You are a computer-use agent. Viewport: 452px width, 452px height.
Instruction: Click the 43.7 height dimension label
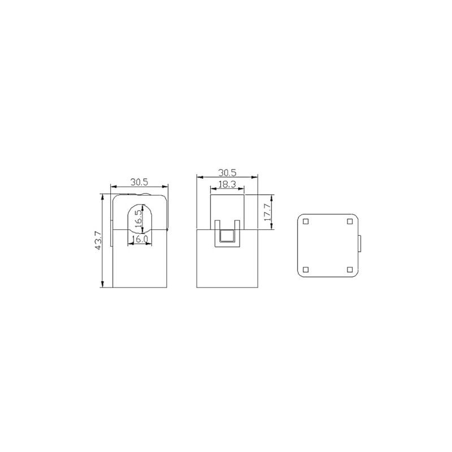pyautogui.click(x=98, y=241)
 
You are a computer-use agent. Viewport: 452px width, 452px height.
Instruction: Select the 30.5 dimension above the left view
pyautogui.click(x=139, y=182)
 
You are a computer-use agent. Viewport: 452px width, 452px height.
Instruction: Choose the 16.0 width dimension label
pyautogui.click(x=139, y=240)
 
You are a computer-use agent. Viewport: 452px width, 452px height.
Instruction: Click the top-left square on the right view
pyautogui.click(x=306, y=221)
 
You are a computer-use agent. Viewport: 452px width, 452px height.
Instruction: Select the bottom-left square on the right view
pyautogui.click(x=306, y=270)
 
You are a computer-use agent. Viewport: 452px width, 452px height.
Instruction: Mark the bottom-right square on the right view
pyautogui.click(x=350, y=270)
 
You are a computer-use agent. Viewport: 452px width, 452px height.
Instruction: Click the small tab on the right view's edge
pyautogui.click(x=359, y=245)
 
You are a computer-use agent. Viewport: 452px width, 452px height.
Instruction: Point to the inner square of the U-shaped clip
pyautogui.click(x=227, y=237)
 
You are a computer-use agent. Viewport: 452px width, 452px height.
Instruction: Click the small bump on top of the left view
pyautogui.click(x=146, y=195)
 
